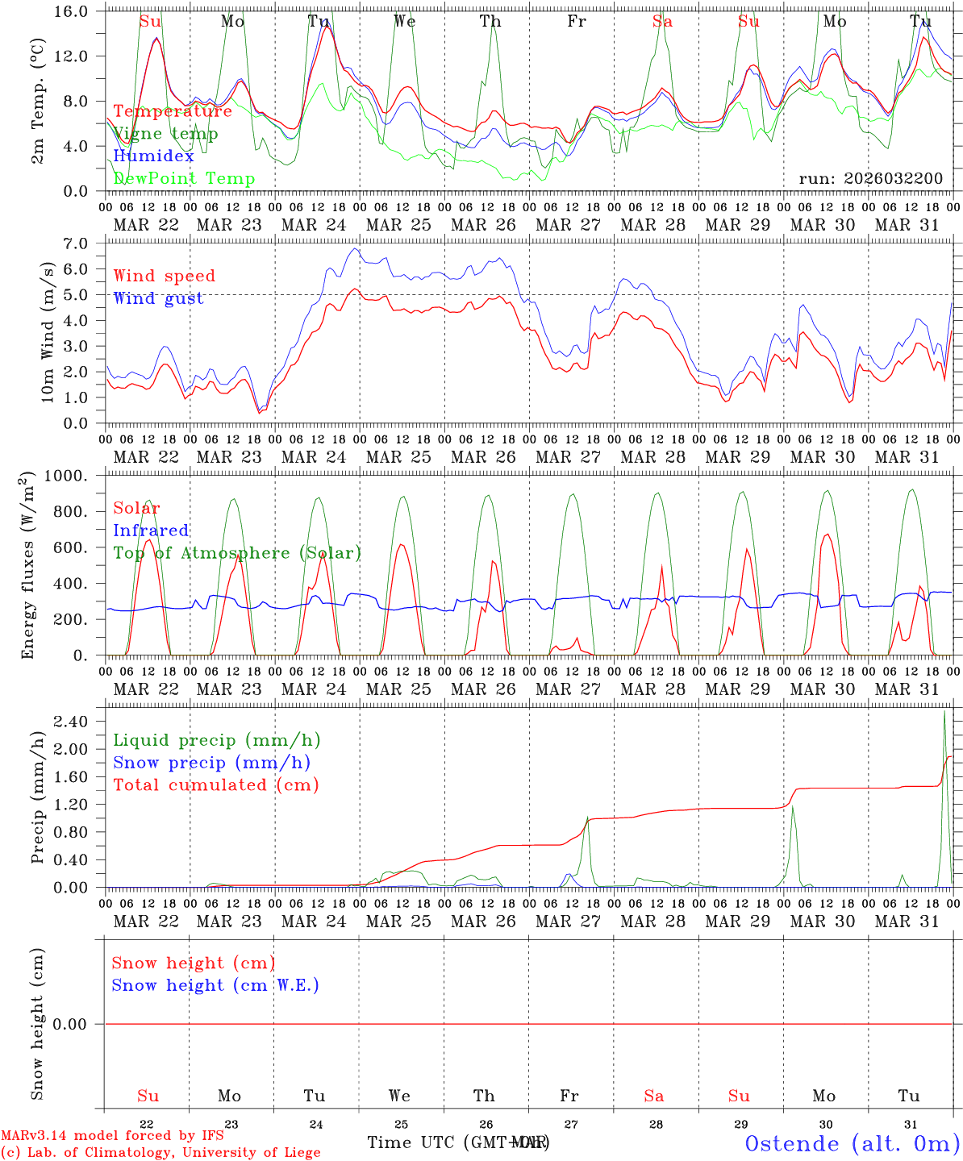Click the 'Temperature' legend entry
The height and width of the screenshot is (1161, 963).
pyautogui.click(x=173, y=111)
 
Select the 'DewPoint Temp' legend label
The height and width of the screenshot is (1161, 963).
pyautogui.click(x=184, y=179)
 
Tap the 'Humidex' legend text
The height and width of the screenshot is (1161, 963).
pyautogui.click(x=153, y=156)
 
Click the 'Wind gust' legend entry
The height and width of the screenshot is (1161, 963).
pyautogui.click(x=158, y=298)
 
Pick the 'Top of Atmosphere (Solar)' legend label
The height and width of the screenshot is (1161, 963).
pyautogui.click(x=237, y=553)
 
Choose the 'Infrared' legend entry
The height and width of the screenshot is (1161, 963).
pyautogui.click(x=151, y=531)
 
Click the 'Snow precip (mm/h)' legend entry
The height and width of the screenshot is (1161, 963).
pyautogui.click(x=211, y=763)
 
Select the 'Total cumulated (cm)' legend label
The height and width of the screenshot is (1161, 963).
pyautogui.click(x=215, y=785)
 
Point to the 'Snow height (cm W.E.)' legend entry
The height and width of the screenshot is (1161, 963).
pyautogui.click(x=215, y=985)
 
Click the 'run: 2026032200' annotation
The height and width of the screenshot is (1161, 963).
pyautogui.click(x=870, y=179)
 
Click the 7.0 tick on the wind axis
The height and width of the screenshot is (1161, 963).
pyautogui.click(x=78, y=243)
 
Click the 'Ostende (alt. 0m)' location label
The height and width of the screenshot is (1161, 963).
pyautogui.click(x=852, y=1143)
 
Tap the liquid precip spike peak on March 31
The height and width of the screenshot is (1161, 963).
pyautogui.click(x=944, y=710)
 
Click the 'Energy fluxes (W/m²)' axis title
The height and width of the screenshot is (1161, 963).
pyautogui.click(x=29, y=564)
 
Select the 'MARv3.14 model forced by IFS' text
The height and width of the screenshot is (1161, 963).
pyautogui.click(x=112, y=1136)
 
